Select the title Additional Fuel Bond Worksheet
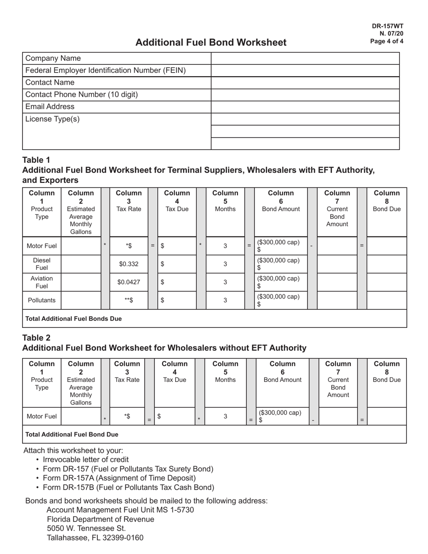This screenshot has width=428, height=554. click(211, 42)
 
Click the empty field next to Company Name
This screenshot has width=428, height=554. click(305, 59)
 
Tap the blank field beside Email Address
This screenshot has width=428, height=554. click(305, 107)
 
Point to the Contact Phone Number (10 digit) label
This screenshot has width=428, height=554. click(82, 95)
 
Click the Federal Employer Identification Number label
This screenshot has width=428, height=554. click(105, 71)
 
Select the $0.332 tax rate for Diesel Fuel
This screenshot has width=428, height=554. click(128, 264)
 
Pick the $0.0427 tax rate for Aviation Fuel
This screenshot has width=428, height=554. click(128, 282)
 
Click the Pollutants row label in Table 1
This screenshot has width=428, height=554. click(41, 300)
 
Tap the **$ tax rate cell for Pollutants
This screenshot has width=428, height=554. click(128, 300)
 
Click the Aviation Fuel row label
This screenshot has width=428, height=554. click(41, 282)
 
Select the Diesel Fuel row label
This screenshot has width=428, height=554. click(41, 264)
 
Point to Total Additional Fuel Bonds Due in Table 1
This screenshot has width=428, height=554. click(73, 318)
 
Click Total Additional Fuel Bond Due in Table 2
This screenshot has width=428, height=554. click(72, 435)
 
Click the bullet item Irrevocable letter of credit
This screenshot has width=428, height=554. click(86, 459)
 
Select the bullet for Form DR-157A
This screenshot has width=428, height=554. click(119, 478)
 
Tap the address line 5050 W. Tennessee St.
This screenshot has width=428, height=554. click(86, 528)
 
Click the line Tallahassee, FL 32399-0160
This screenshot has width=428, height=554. click(95, 538)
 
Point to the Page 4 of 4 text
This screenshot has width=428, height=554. click(387, 41)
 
